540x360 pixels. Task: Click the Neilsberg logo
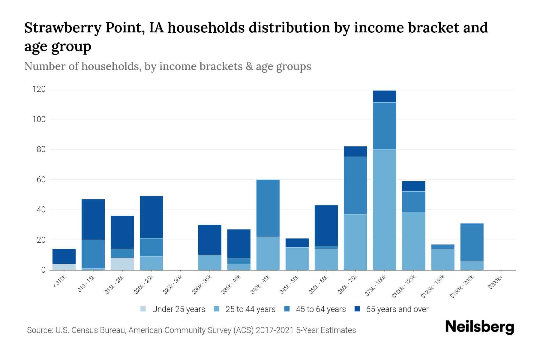[479, 327]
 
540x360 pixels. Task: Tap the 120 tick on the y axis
[39, 89]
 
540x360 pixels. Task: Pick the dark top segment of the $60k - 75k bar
[355, 151]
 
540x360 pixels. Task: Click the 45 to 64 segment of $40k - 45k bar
[268, 208]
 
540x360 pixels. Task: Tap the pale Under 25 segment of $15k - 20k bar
[122, 264]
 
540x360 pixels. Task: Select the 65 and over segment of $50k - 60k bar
[326, 225]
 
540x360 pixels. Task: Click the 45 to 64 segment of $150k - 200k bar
[472, 242]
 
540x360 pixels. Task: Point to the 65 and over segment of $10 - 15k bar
[93, 219]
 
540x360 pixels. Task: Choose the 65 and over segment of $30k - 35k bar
[210, 240]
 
